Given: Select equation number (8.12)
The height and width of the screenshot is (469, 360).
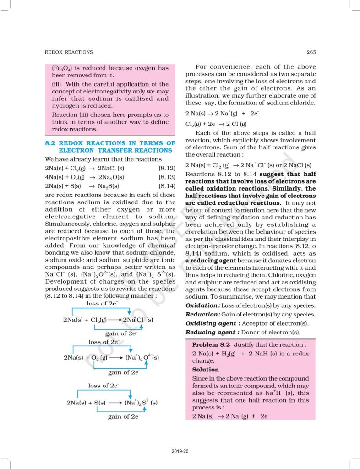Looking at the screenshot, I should click(167, 168).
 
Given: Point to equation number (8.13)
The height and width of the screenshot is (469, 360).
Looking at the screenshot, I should click(167, 177).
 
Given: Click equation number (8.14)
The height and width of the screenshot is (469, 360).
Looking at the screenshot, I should click(167, 186).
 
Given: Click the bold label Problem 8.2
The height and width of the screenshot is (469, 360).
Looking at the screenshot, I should click(211, 344).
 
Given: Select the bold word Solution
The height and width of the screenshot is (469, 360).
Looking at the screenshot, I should click(205, 369).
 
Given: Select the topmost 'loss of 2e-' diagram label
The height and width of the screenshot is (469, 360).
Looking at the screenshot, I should click(103, 304).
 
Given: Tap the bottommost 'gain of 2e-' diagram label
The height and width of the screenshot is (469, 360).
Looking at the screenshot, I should click(124, 417).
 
